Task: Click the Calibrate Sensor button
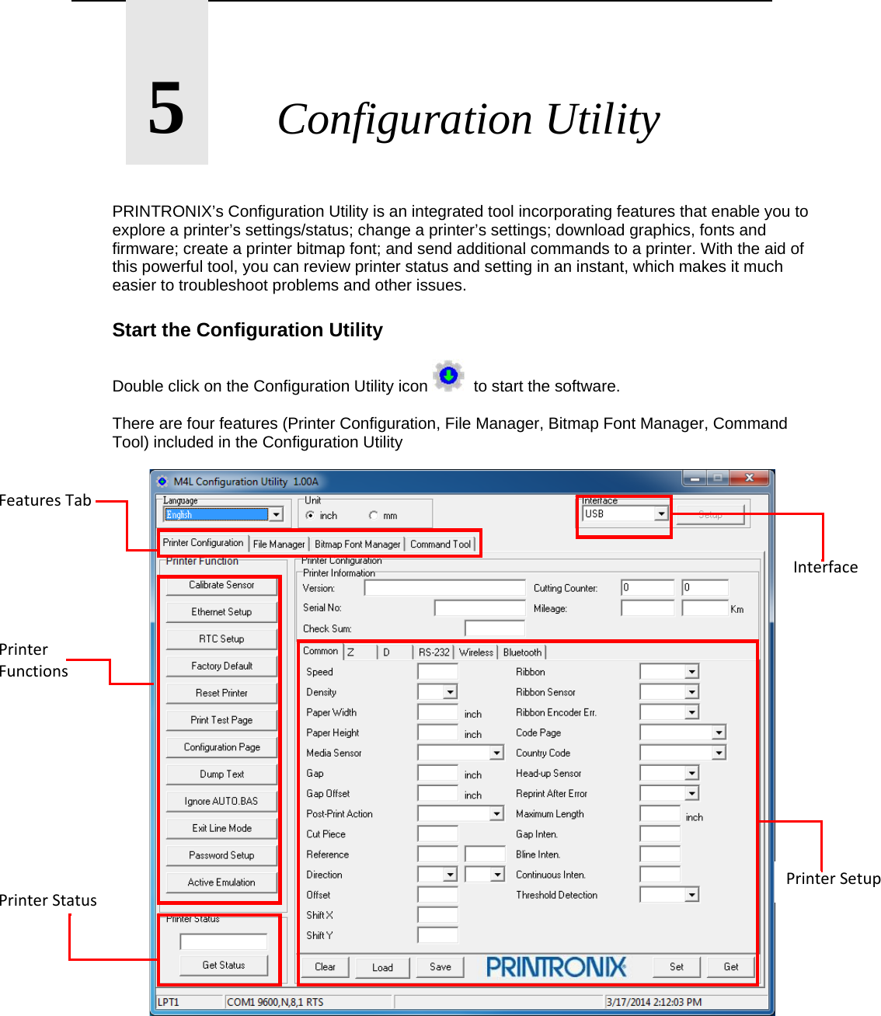[221, 585]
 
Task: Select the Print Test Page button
[221, 720]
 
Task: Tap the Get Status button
[224, 966]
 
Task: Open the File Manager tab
[279, 545]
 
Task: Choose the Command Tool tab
[440, 545]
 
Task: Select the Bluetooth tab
[522, 652]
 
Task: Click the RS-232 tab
[434, 652]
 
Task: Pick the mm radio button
[374, 516]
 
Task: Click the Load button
[382, 968]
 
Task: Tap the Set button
[677, 967]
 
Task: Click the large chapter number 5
[167, 109]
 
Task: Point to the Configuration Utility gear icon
[448, 377]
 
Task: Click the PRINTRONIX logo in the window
[556, 967]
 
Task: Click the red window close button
[749, 478]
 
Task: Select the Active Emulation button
[221, 882]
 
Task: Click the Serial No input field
[479, 608]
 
